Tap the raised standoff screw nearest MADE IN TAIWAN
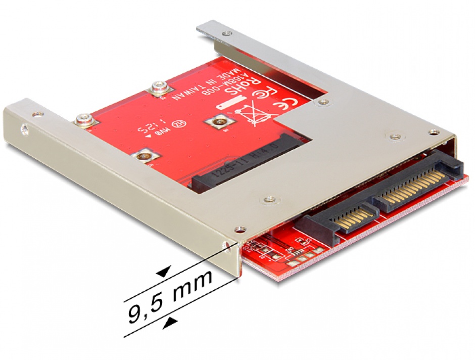tap(160, 88)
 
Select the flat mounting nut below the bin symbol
tap(218, 122)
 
